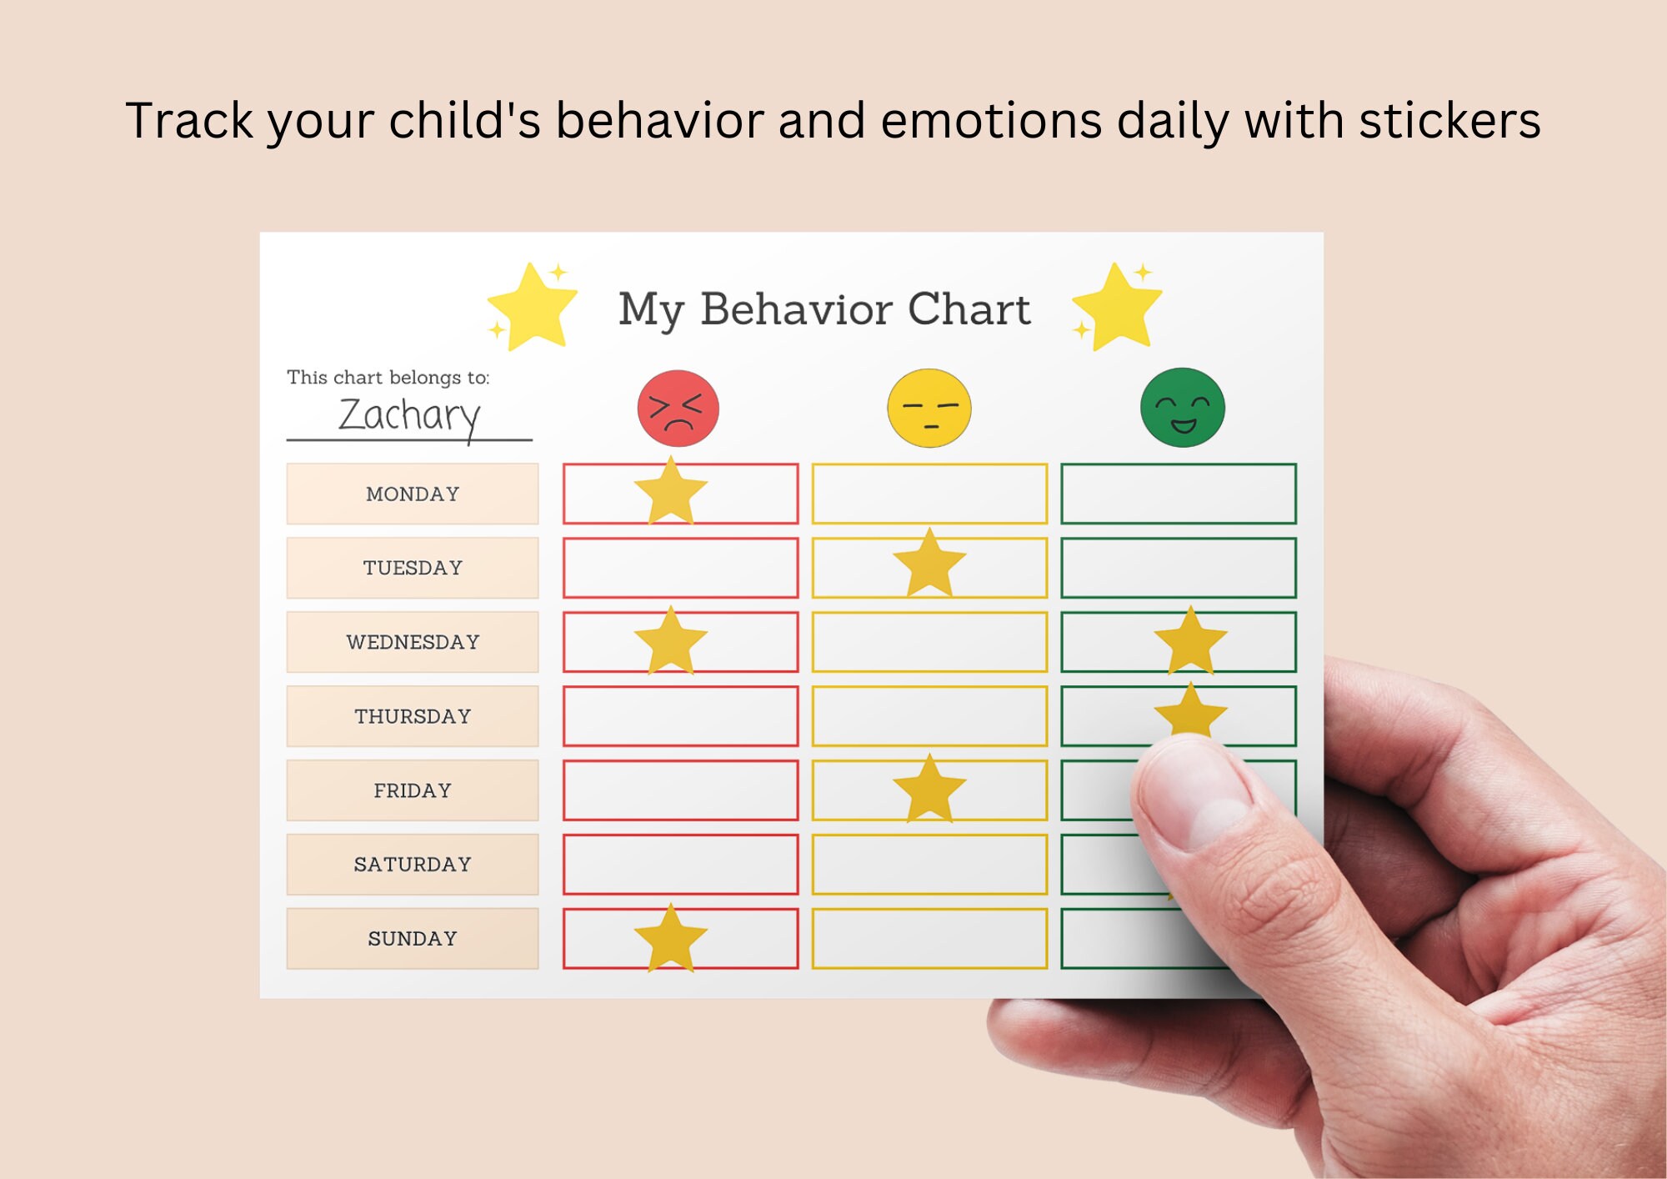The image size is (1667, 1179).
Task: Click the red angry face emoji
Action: click(x=678, y=409)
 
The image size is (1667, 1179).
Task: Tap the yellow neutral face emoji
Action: click(x=929, y=409)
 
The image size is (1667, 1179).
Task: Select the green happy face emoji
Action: click(x=1182, y=408)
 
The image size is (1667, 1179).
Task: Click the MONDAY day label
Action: click(x=413, y=494)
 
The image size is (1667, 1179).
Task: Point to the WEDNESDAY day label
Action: click(x=413, y=642)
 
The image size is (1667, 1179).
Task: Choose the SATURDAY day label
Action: click(x=413, y=864)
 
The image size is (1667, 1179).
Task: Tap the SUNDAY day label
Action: click(x=413, y=938)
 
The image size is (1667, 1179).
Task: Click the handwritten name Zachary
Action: click(x=409, y=414)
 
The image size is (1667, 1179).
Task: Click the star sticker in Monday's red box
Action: click(x=671, y=492)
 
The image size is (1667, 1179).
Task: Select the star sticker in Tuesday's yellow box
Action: click(x=929, y=564)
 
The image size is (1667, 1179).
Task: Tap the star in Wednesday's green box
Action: click(x=1190, y=640)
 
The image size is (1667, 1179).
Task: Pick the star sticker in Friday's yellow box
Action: click(x=929, y=788)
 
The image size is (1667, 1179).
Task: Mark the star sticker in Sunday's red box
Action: click(x=671, y=938)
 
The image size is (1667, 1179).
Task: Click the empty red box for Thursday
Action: click(x=680, y=716)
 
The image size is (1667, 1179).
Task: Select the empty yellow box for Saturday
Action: click(x=929, y=864)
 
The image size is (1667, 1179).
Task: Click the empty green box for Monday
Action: click(x=1178, y=494)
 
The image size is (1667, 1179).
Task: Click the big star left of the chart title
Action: click(x=532, y=307)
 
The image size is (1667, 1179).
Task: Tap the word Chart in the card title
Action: click(x=969, y=309)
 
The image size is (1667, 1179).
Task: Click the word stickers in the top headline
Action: click(x=1449, y=121)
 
